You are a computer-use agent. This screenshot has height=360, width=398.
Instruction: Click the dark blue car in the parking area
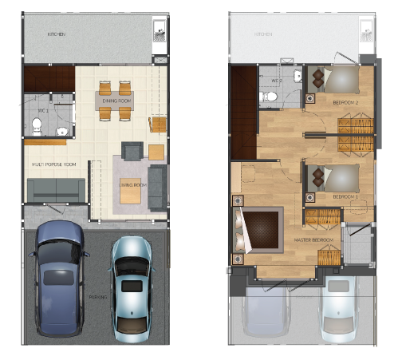(x=57, y=275)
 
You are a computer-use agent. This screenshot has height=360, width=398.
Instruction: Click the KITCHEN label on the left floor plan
(x=56, y=35)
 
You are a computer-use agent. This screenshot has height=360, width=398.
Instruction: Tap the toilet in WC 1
(x=37, y=125)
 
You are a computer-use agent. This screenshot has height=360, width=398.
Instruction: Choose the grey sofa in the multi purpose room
(x=56, y=190)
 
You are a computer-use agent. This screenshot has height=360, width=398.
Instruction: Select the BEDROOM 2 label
(x=345, y=103)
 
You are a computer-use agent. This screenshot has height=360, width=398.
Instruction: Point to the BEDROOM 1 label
(x=345, y=196)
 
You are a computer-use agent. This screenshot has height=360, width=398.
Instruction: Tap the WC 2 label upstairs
(x=277, y=81)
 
